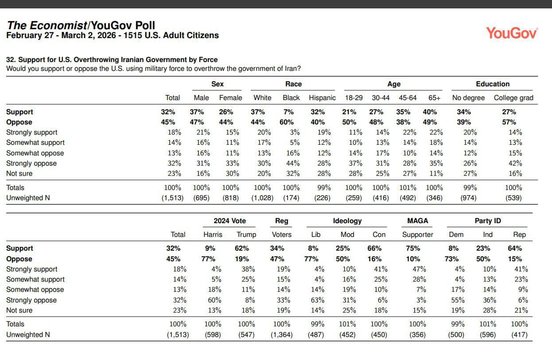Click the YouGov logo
[512, 33]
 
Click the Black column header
[291, 98]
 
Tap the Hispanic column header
[322, 98]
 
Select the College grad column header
[513, 98]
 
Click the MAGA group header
[417, 221]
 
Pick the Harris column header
[213, 235]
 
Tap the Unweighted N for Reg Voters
[281, 335]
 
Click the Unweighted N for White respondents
[262, 198]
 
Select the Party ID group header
[487, 221]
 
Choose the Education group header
[493, 84]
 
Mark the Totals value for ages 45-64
[408, 188]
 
